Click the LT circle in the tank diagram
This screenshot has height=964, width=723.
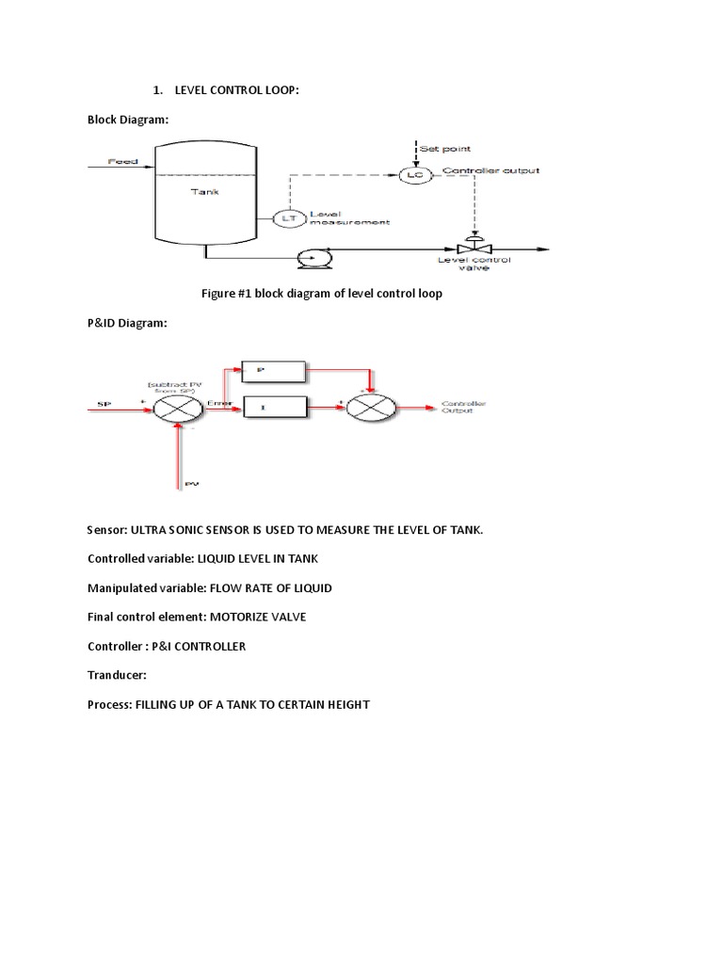(284, 218)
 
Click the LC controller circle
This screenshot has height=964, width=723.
(411, 175)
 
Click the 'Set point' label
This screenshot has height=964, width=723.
(444, 149)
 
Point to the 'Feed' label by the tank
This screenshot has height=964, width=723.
(122, 161)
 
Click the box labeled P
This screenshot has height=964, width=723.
(275, 370)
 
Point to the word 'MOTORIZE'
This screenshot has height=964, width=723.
(258, 617)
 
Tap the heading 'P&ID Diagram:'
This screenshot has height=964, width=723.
(127, 323)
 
